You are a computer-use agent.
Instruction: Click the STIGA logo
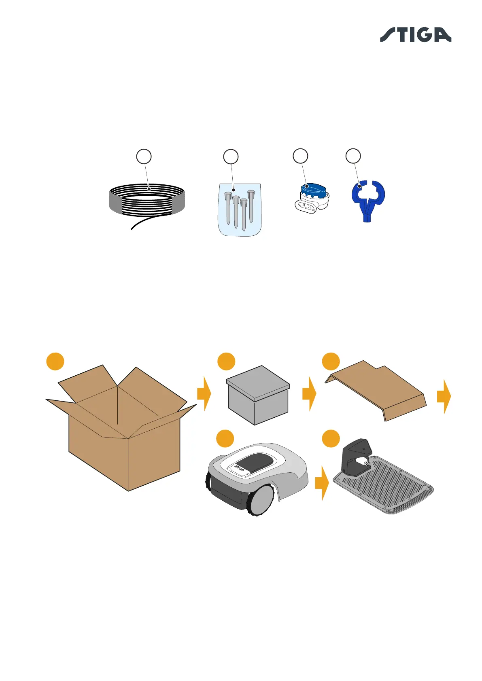(415, 35)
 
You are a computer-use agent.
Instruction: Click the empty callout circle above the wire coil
(144, 157)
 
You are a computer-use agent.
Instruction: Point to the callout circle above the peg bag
(231, 157)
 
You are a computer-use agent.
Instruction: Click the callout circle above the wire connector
(300, 156)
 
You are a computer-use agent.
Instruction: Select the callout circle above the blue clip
(353, 156)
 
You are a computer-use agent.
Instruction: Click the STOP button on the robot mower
(239, 469)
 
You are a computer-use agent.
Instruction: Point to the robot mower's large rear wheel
(262, 499)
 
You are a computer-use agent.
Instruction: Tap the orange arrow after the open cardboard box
(204, 393)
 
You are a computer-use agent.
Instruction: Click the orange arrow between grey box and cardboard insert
(309, 393)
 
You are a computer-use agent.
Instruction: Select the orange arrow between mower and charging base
(322, 483)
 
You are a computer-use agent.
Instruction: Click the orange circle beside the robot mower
(225, 439)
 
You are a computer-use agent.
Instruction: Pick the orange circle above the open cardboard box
(55, 361)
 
